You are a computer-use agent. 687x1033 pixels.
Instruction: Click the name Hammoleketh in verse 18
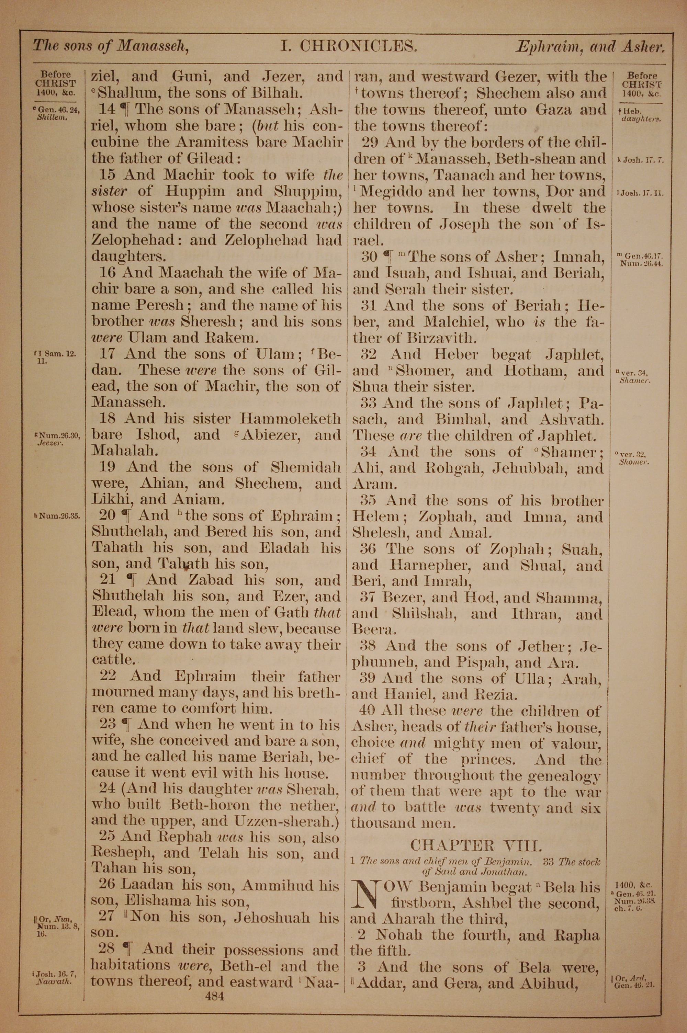(291, 419)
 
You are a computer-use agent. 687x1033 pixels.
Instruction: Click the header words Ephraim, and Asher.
(590, 47)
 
